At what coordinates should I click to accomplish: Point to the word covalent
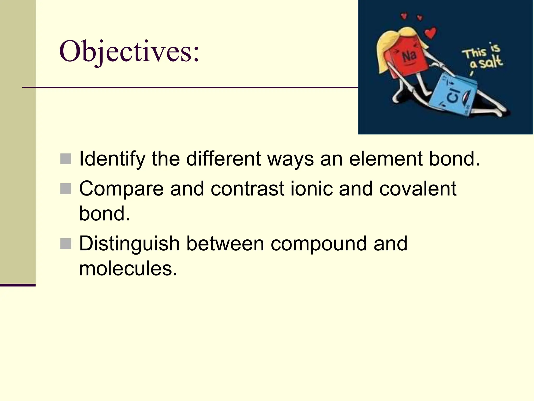click(x=417, y=188)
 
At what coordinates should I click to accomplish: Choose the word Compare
click(x=121, y=188)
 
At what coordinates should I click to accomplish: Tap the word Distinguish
click(x=129, y=244)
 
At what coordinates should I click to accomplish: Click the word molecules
click(x=128, y=269)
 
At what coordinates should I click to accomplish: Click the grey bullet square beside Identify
click(x=66, y=159)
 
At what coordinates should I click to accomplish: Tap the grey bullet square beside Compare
click(x=66, y=189)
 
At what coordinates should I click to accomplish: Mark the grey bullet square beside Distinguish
click(x=66, y=244)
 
